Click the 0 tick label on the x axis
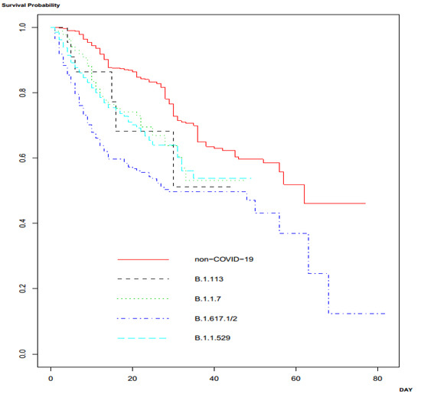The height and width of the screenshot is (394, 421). coord(51,378)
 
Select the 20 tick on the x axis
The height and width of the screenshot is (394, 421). coord(133,378)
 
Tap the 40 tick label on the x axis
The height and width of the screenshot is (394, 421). coord(215,378)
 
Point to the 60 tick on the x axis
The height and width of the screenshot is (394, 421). coord(297,378)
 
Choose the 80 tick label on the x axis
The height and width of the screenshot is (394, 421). coord(379,378)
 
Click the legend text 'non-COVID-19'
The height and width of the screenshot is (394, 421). coord(224,259)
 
